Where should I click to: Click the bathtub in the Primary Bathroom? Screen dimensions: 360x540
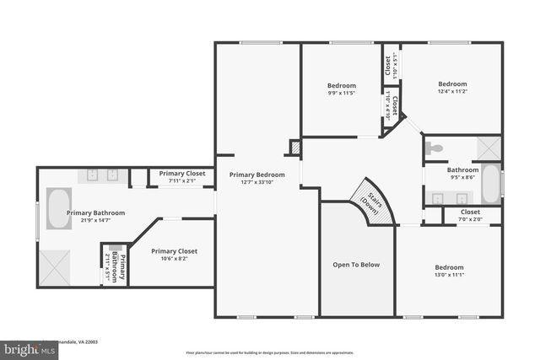click(57, 209)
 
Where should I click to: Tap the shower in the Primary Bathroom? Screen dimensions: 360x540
click(56, 268)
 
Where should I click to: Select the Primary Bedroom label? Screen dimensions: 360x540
click(257, 175)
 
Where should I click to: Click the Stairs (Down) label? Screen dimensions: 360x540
click(370, 202)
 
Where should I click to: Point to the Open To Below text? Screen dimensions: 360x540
click(356, 265)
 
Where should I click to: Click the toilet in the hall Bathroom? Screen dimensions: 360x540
click(435, 148)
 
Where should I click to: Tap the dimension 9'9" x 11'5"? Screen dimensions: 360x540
click(342, 93)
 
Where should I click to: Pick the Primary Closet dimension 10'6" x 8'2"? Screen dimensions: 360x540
click(175, 259)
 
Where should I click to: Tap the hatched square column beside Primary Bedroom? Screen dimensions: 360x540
click(295, 148)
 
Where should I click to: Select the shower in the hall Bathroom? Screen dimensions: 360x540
click(488, 148)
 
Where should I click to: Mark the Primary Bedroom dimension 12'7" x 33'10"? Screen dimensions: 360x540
click(257, 181)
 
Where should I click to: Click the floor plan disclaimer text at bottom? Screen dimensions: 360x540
click(270, 352)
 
